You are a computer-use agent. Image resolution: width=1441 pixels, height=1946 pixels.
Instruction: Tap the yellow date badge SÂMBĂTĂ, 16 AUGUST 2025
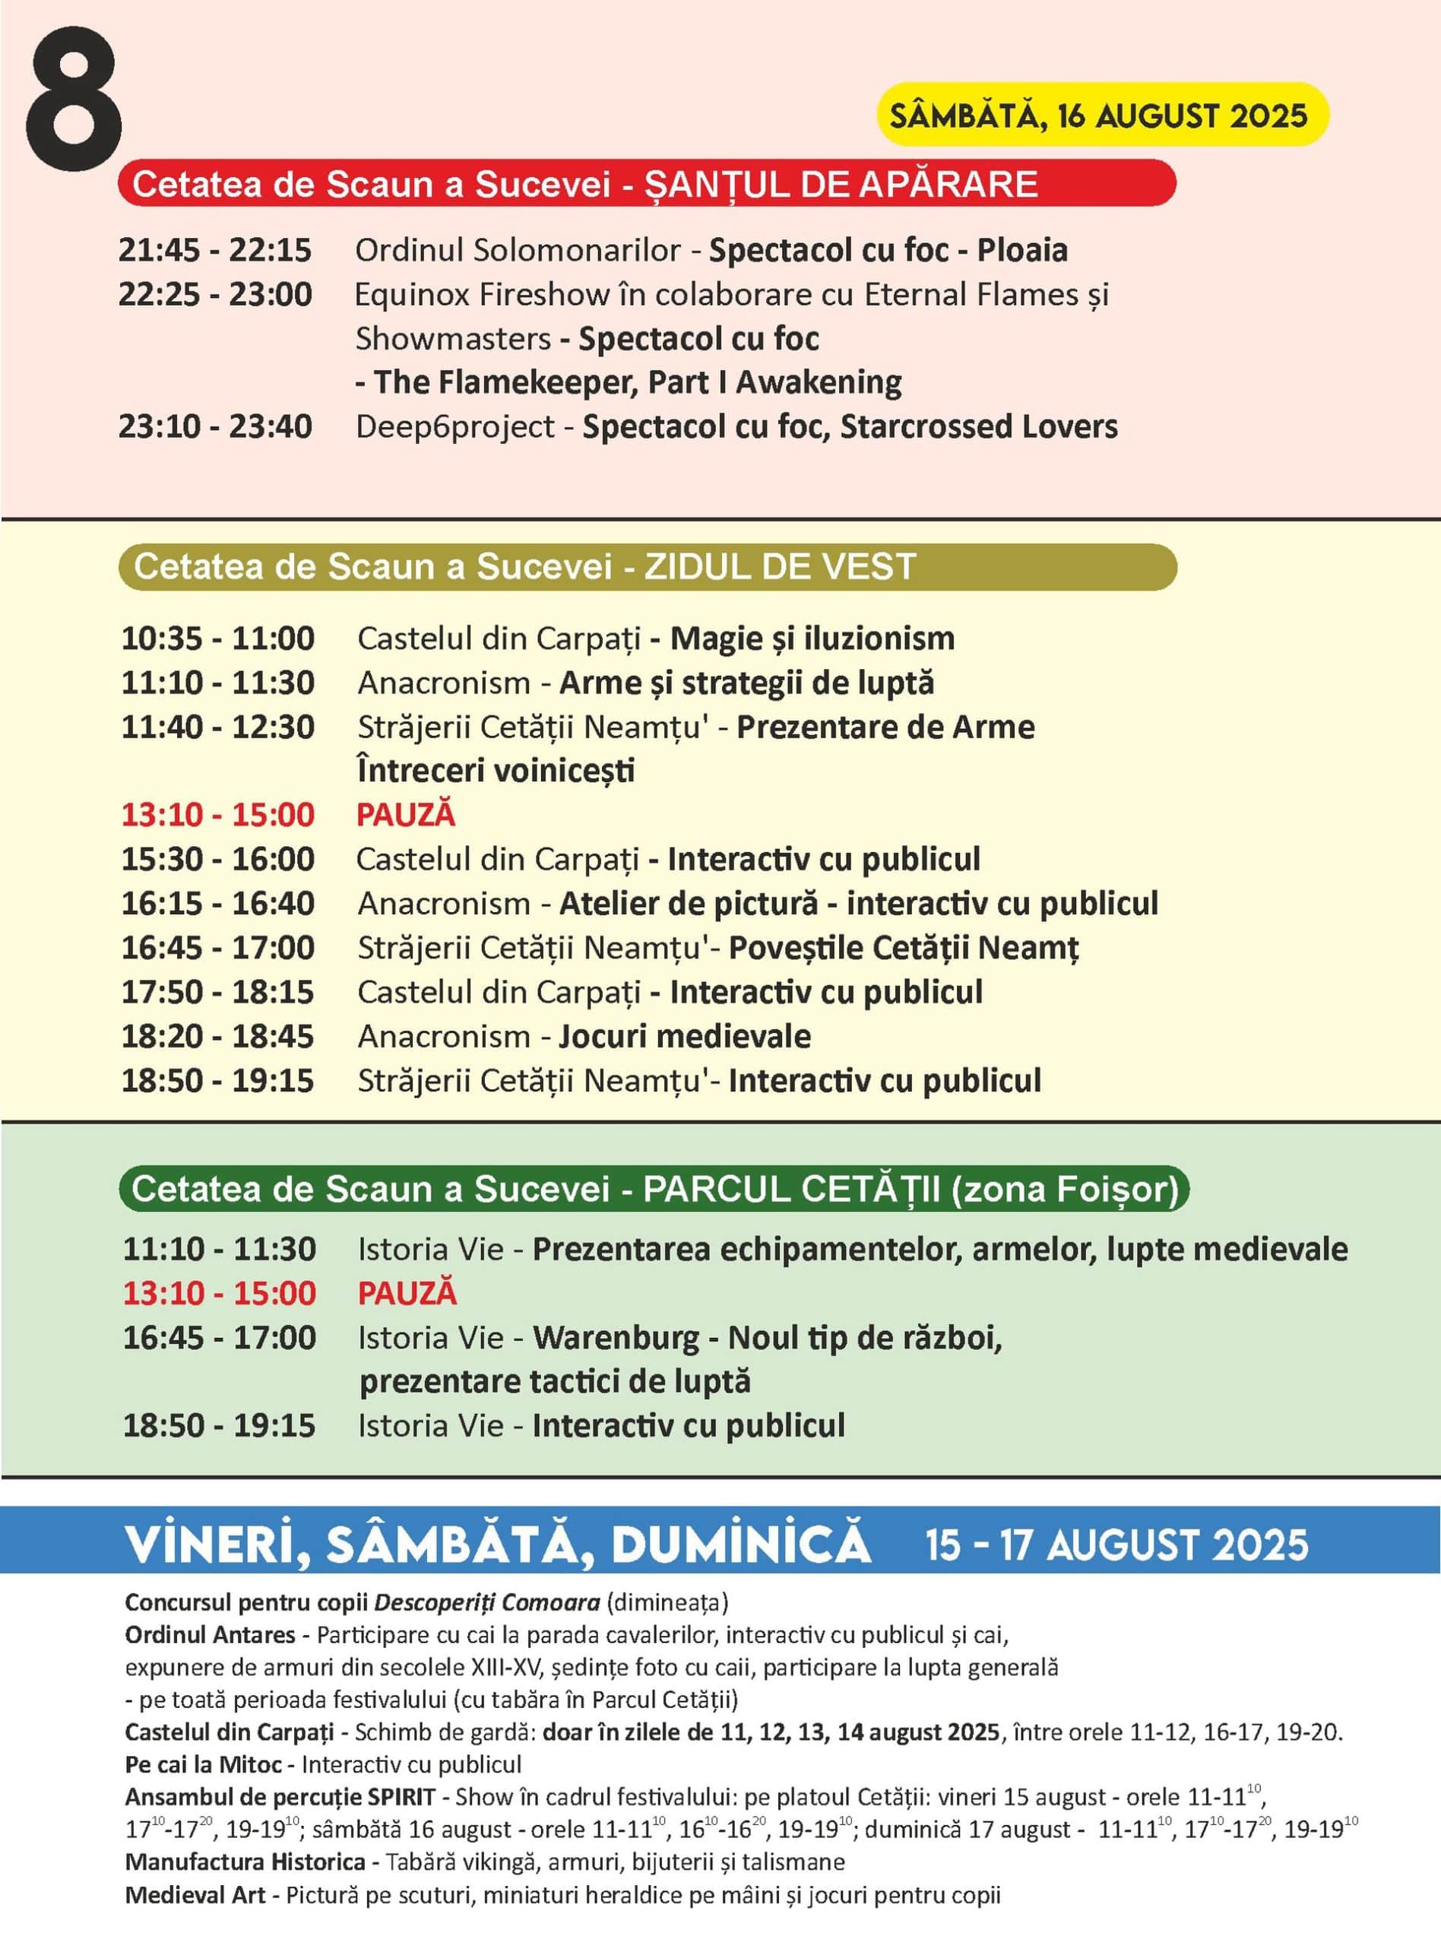[1101, 115]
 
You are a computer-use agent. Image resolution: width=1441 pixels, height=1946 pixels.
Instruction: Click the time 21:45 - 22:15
[215, 250]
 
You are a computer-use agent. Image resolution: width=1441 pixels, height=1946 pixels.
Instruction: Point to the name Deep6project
[454, 426]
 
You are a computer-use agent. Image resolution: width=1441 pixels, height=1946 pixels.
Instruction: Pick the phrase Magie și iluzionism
[812, 639]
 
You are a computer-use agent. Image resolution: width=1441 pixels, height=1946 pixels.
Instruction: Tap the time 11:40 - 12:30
[218, 727]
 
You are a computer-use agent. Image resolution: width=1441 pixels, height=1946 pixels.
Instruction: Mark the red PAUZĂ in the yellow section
[406, 815]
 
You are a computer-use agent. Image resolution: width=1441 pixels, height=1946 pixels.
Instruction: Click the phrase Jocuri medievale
[685, 1036]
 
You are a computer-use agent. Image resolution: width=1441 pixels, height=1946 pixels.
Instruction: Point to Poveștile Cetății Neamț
[904, 948]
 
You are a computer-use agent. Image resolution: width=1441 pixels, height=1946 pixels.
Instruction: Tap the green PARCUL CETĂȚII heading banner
[654, 1189]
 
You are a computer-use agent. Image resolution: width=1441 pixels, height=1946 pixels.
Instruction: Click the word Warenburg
[616, 1337]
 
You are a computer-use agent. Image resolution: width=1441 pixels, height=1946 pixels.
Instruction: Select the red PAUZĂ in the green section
[407, 1293]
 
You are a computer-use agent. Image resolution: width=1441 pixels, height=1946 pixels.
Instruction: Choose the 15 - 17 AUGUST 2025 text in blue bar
[1116, 1545]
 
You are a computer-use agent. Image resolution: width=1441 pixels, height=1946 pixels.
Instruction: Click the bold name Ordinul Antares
[209, 1634]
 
